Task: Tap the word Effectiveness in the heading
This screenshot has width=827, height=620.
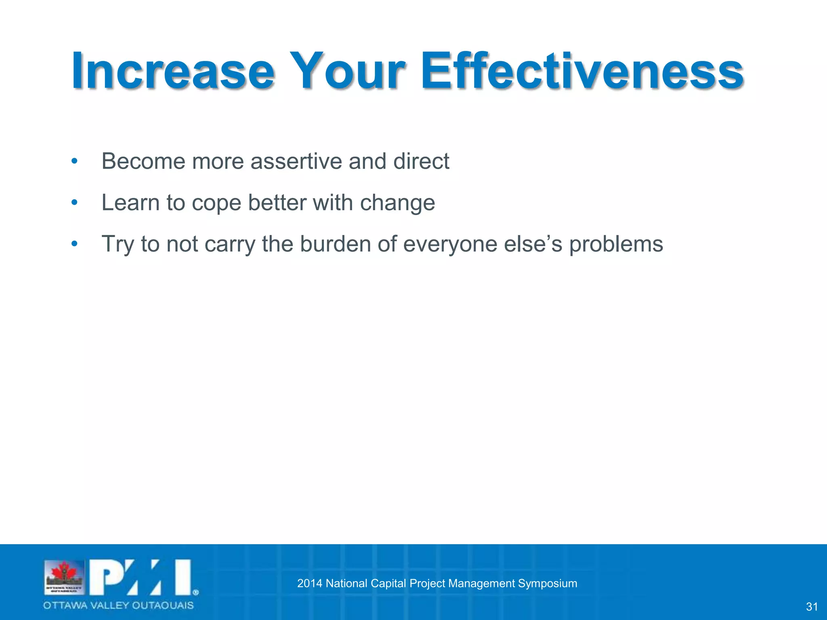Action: pyautogui.click(x=582, y=72)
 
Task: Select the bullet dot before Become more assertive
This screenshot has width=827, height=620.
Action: pyautogui.click(x=74, y=161)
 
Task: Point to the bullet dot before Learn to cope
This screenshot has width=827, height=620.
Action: pyautogui.click(x=74, y=203)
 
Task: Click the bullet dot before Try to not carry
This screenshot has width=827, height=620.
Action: pyautogui.click(x=74, y=244)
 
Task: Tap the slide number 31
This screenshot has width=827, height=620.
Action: pyautogui.click(x=812, y=607)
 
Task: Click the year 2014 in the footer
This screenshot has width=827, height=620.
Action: pyautogui.click(x=309, y=583)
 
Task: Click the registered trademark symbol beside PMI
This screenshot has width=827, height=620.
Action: pyautogui.click(x=196, y=593)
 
